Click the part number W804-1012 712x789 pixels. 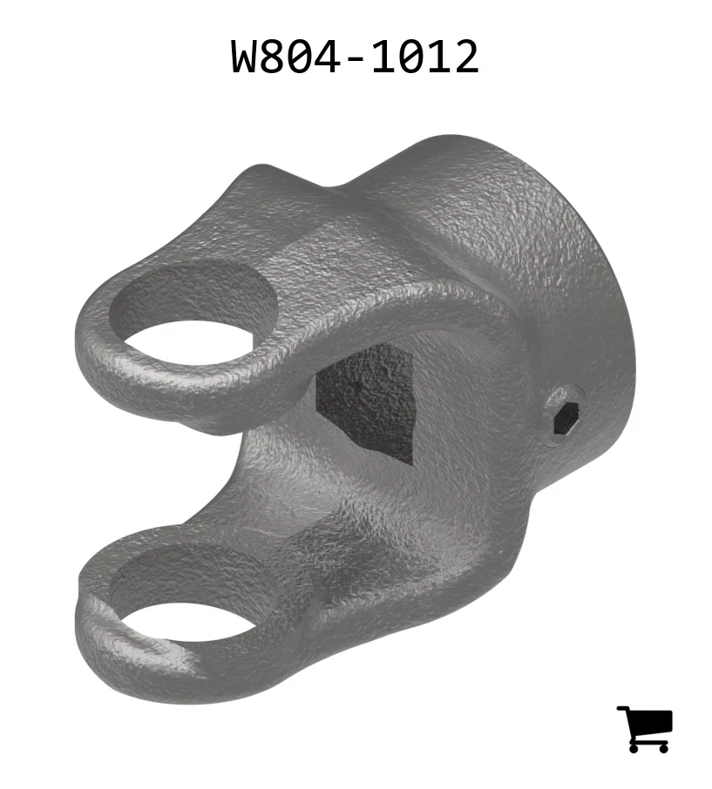(x=355, y=57)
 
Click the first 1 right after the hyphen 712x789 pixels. (x=383, y=57)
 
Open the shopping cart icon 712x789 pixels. (x=645, y=729)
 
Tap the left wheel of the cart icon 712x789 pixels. (x=634, y=748)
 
